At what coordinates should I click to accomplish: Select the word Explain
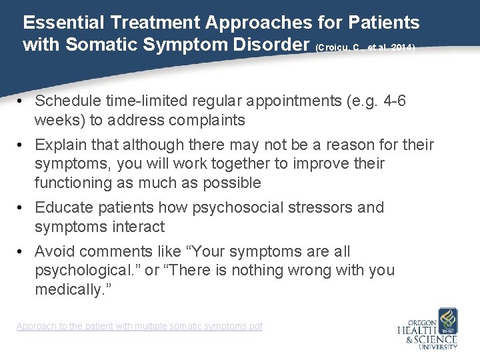[61, 145]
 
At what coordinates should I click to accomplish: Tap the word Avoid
[55, 251]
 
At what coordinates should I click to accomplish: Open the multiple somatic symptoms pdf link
[139, 326]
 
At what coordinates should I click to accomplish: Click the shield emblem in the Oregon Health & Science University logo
[446, 319]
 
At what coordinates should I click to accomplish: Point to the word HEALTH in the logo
[417, 329]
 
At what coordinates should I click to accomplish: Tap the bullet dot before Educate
[22, 208]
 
